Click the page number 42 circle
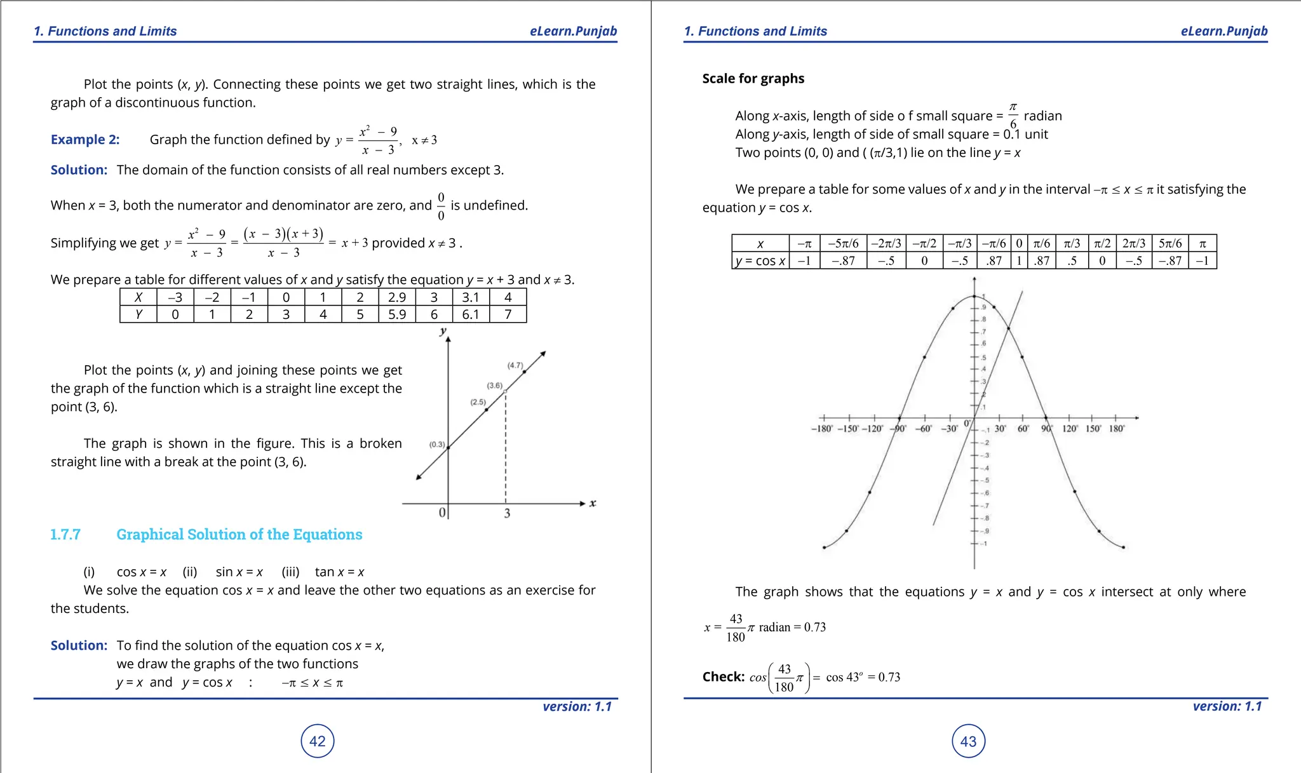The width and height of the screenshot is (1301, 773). tap(317, 741)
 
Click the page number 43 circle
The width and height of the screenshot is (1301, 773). tap(968, 741)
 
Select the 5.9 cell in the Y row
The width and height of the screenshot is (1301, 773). tap(397, 314)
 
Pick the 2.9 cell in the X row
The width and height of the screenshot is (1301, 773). tap(397, 297)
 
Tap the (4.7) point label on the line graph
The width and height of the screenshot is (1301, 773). tap(515, 365)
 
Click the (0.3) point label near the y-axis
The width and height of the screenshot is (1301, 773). tap(437, 445)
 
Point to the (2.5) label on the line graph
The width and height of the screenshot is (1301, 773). tap(478, 402)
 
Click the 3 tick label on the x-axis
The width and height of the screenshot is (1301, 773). tap(507, 513)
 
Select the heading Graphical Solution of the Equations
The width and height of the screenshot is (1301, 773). tap(239, 534)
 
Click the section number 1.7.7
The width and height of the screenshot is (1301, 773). tap(65, 534)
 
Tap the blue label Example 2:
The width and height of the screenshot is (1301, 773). tap(85, 140)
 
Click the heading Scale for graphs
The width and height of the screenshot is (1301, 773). tap(753, 79)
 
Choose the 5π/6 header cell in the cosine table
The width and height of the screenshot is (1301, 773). tap(1170, 243)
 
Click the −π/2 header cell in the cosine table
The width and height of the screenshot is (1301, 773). tap(924, 243)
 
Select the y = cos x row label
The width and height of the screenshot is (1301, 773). tap(760, 261)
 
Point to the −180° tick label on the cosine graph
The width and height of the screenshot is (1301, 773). tap(822, 429)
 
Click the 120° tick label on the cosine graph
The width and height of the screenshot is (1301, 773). tap(1070, 429)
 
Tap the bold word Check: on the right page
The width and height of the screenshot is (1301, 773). tap(723, 677)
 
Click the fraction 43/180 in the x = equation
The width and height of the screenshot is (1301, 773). tap(736, 628)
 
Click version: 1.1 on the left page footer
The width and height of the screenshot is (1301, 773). tap(577, 706)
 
